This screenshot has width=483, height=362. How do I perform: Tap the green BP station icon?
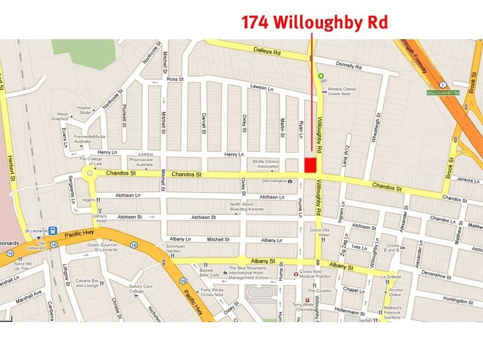pos(321,75)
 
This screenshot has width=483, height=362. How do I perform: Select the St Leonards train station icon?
pos(53,230)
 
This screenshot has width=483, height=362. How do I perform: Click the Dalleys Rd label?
pos(268,53)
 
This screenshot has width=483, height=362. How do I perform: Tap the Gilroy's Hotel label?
pos(99,218)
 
